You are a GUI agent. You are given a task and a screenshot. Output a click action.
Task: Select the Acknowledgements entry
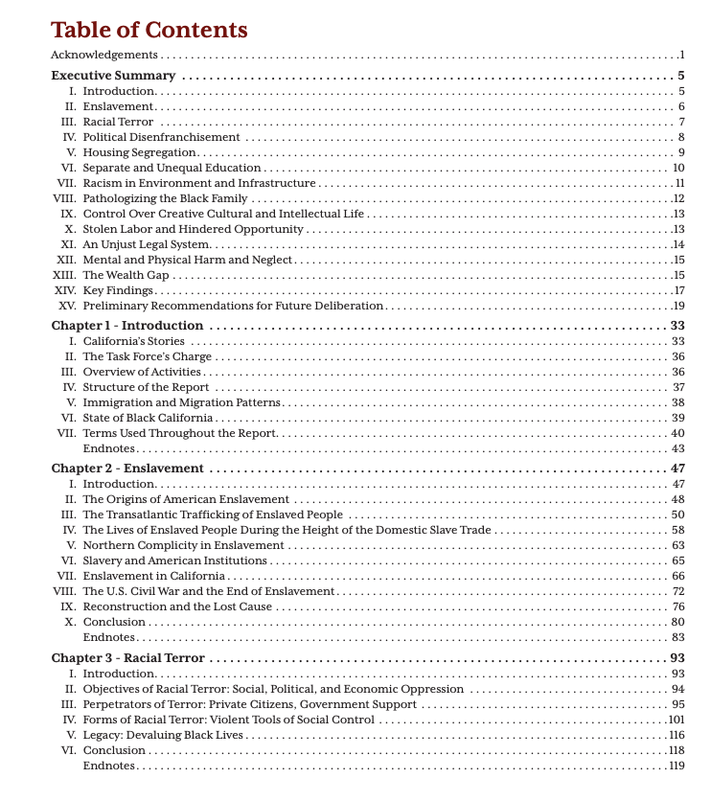coord(104,56)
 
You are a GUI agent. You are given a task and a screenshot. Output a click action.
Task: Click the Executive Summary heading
coord(113,76)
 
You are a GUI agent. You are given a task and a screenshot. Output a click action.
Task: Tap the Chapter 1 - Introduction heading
coord(127,326)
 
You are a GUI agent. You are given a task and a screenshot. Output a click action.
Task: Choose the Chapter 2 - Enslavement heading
coord(127,469)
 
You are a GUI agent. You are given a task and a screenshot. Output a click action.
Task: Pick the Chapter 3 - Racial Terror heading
coord(127,658)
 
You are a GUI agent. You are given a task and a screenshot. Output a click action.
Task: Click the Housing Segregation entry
coord(140,152)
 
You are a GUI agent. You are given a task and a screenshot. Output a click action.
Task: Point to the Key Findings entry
coord(118,290)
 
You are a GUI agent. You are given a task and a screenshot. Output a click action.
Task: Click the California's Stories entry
coord(134,341)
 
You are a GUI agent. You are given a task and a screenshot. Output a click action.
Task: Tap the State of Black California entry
coord(148,418)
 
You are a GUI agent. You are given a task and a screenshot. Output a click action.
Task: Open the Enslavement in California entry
coord(154,576)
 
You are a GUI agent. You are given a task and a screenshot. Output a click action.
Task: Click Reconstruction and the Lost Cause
coord(178,606)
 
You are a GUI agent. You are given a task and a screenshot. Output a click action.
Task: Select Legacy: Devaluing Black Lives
coord(163,735)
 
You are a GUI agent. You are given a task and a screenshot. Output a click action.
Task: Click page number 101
coord(676,720)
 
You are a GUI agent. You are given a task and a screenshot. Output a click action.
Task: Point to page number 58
coord(677,530)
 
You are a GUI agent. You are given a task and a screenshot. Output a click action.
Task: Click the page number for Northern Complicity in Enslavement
coord(677,545)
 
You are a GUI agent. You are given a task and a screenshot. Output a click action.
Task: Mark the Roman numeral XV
coord(66,306)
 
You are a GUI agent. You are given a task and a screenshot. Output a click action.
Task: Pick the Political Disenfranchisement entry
coord(161,137)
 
